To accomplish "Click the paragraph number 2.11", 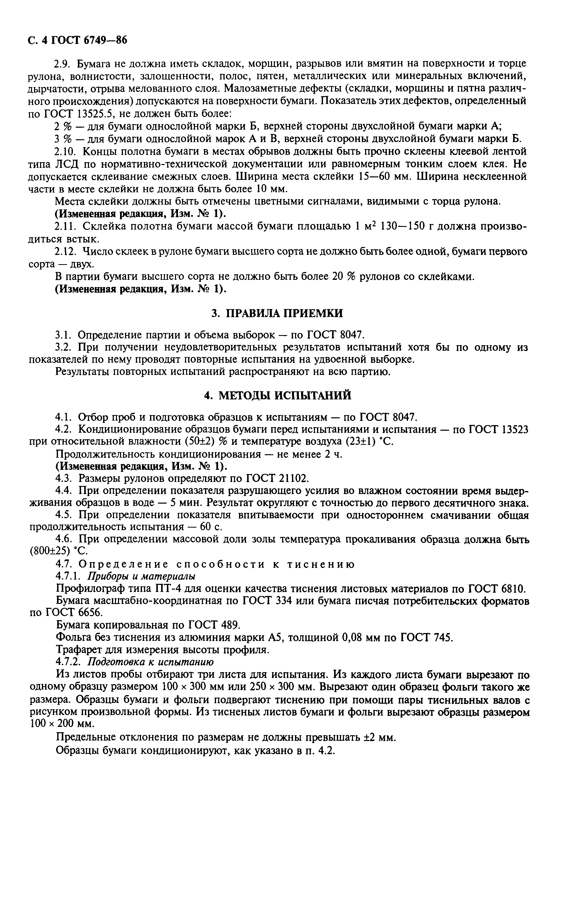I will (x=66, y=226).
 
